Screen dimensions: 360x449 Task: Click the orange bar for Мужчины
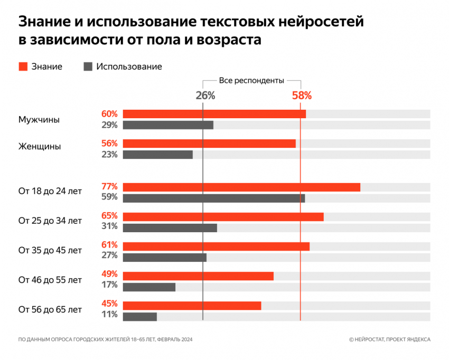[x=214, y=114]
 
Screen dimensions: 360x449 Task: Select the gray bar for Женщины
[x=157, y=155]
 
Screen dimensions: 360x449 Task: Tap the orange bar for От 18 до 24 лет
[x=241, y=187]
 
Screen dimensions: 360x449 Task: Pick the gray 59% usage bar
[x=214, y=198]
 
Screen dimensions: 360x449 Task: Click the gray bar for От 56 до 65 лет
[x=140, y=316]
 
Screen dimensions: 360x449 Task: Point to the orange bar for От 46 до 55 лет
[x=198, y=276]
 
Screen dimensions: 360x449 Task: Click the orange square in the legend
[x=23, y=67]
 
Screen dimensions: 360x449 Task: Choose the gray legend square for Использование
[x=88, y=67]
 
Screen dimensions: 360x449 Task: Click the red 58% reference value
[x=302, y=96]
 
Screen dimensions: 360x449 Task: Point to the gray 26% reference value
[x=205, y=96]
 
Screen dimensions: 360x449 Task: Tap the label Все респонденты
[x=251, y=80]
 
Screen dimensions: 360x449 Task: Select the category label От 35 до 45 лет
[x=50, y=250]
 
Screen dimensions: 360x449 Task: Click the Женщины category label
[x=40, y=147]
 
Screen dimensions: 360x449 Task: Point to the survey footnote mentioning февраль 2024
[x=105, y=339]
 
